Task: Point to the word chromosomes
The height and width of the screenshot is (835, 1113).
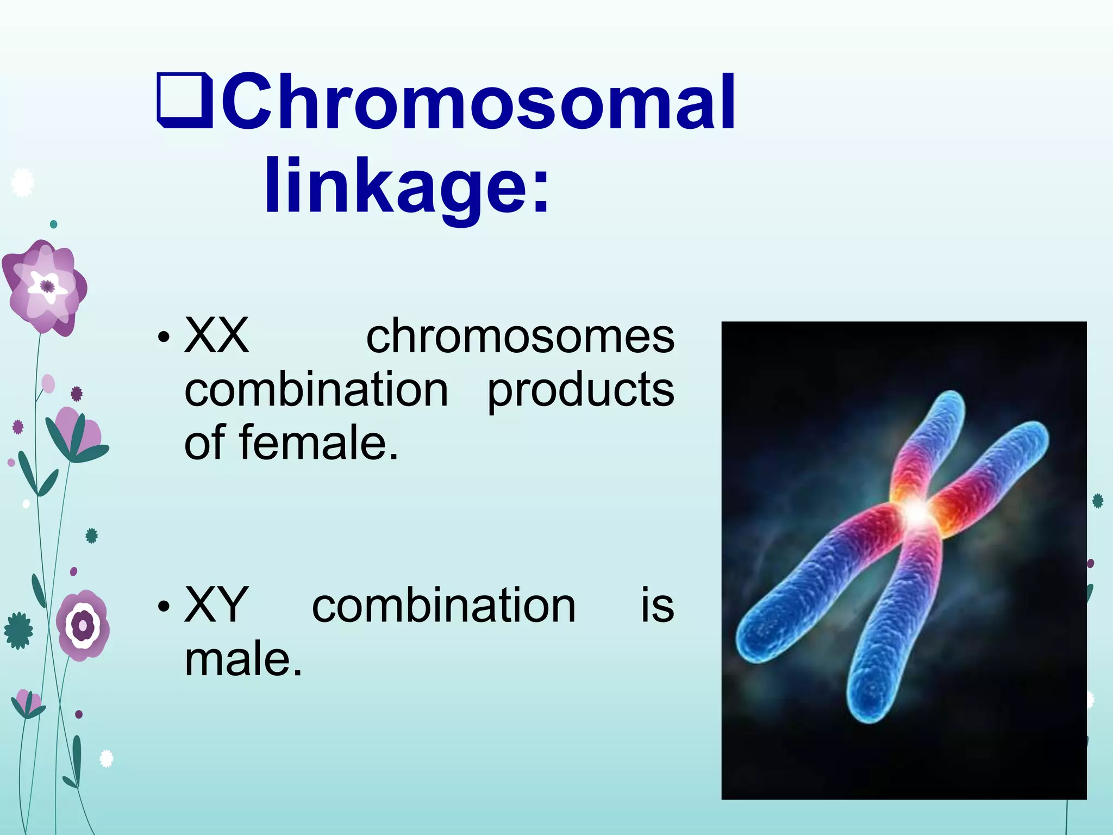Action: point(520,337)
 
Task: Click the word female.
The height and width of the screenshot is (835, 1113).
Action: point(318,443)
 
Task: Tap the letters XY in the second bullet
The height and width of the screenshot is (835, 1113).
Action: point(217,605)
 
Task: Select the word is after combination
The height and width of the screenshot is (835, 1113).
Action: point(657,605)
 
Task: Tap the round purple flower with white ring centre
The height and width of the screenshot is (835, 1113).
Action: point(83,625)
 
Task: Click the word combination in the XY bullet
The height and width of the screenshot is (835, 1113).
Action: point(443,605)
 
